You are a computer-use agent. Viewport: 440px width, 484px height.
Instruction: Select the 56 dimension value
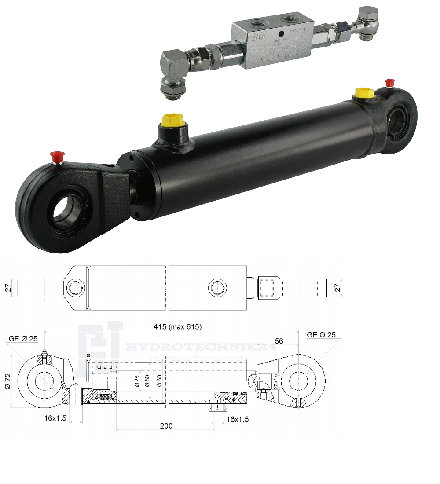279,341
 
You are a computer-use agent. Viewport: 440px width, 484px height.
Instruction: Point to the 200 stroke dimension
166,425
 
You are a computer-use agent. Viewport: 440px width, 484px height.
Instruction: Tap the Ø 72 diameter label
7,381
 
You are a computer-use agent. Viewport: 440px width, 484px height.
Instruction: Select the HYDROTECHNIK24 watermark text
200,348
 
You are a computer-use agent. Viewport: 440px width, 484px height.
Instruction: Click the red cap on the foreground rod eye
55,156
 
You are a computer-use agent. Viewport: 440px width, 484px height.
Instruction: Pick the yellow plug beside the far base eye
364,93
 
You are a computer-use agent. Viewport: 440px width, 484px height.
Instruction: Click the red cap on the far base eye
389,83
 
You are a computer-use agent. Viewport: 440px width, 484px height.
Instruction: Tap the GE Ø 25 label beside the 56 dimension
321,335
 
